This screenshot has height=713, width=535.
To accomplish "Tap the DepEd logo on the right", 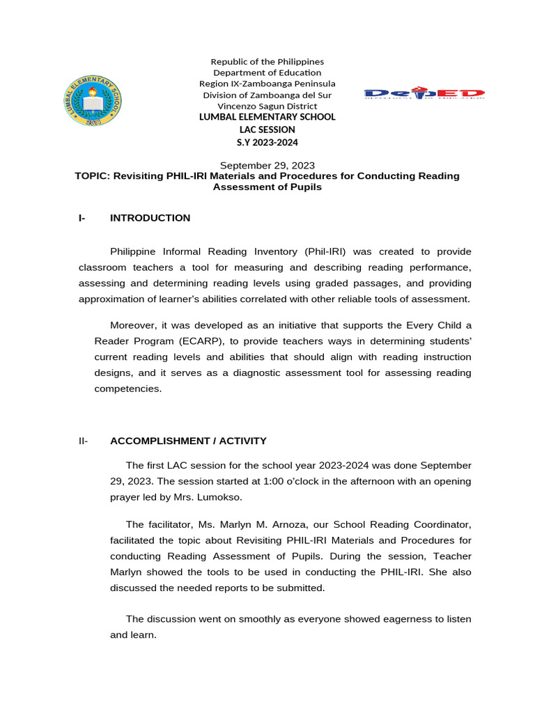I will click(x=424, y=93).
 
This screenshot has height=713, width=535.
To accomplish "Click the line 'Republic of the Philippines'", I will click(x=267, y=62).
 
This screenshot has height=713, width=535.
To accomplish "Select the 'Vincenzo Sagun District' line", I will click(x=267, y=106).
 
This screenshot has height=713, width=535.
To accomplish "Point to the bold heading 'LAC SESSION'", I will click(x=267, y=130).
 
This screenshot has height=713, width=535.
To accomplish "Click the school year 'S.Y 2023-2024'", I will click(x=267, y=143).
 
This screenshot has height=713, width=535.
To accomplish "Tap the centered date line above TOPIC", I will click(x=267, y=166).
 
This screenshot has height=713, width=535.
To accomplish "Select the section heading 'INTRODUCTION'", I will click(x=150, y=218).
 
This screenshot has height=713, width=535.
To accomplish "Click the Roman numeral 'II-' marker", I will click(x=84, y=441).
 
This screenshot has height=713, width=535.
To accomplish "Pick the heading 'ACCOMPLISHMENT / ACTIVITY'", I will click(x=188, y=441).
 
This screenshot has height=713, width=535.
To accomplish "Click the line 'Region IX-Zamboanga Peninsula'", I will click(x=267, y=84).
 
